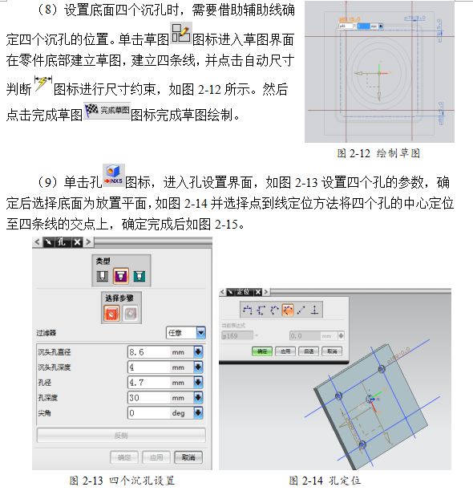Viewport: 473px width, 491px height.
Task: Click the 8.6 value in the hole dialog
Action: (148, 351)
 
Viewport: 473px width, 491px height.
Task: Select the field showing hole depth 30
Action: (148, 397)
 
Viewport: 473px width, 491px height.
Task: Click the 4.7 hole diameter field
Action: (148, 382)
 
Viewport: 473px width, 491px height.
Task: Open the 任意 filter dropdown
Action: (185, 332)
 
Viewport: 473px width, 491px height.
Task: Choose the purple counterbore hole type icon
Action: (120, 277)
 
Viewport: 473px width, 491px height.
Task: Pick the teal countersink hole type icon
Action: (139, 277)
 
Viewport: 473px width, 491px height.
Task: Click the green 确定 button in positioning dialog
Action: (261, 351)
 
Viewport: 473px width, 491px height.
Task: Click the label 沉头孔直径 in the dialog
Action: (59, 351)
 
